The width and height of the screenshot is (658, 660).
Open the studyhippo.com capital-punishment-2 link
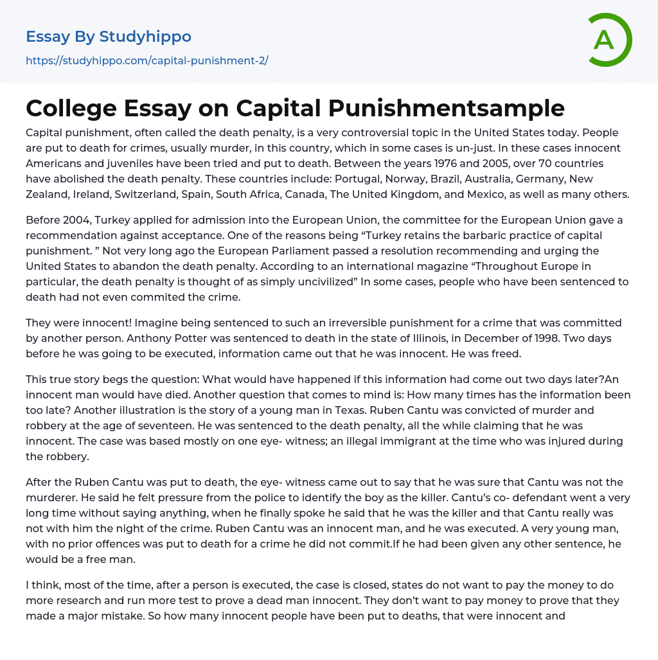click(x=147, y=61)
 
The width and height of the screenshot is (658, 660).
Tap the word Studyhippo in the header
click(x=145, y=37)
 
